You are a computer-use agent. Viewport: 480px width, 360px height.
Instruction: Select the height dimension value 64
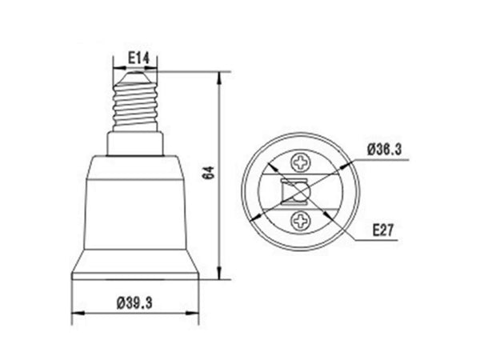coord(210,173)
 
